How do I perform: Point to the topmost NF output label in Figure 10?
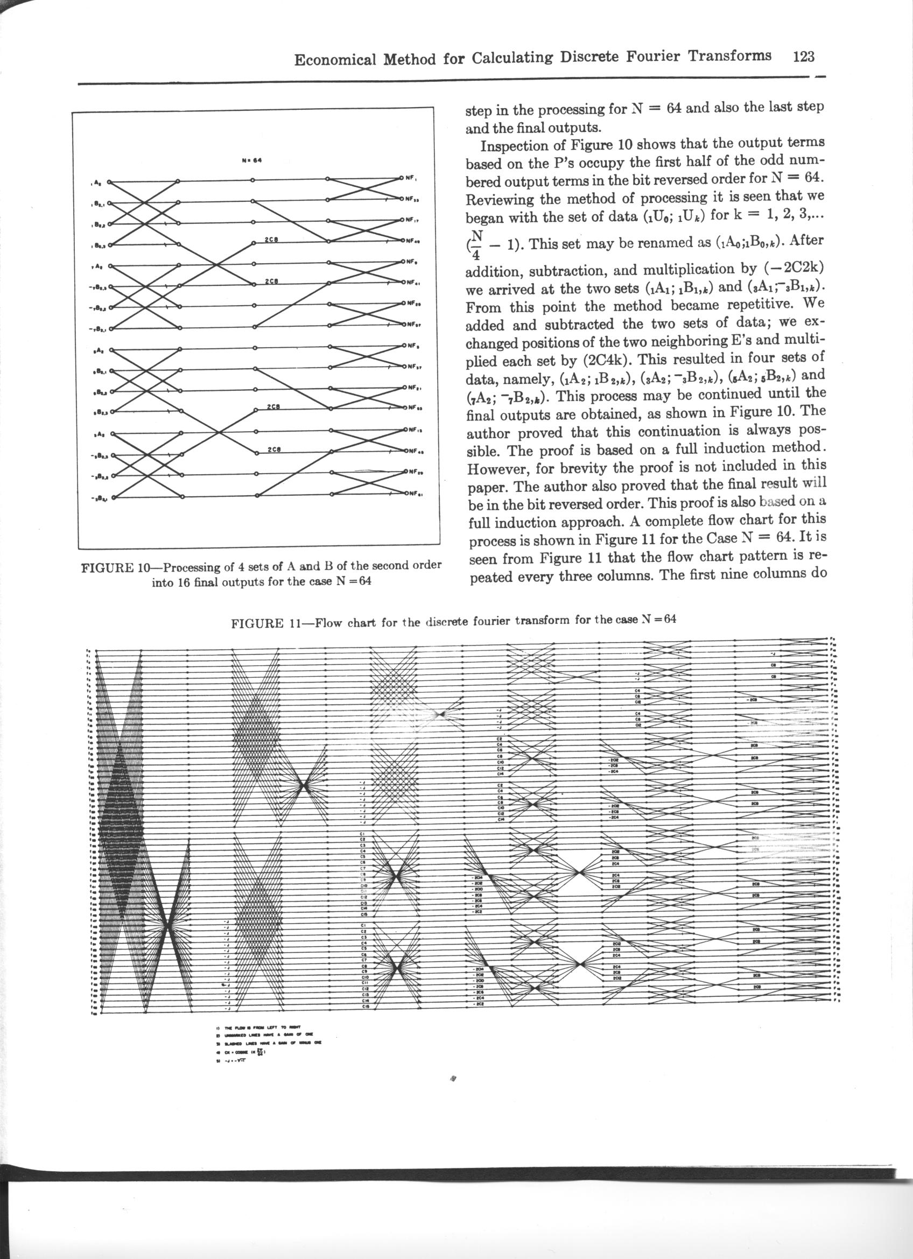point(411,179)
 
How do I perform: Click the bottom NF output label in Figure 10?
point(414,493)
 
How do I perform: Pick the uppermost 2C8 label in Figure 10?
point(271,240)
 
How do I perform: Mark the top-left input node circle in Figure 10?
point(109,181)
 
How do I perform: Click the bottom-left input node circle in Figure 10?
point(113,498)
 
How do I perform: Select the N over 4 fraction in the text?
point(476,245)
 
